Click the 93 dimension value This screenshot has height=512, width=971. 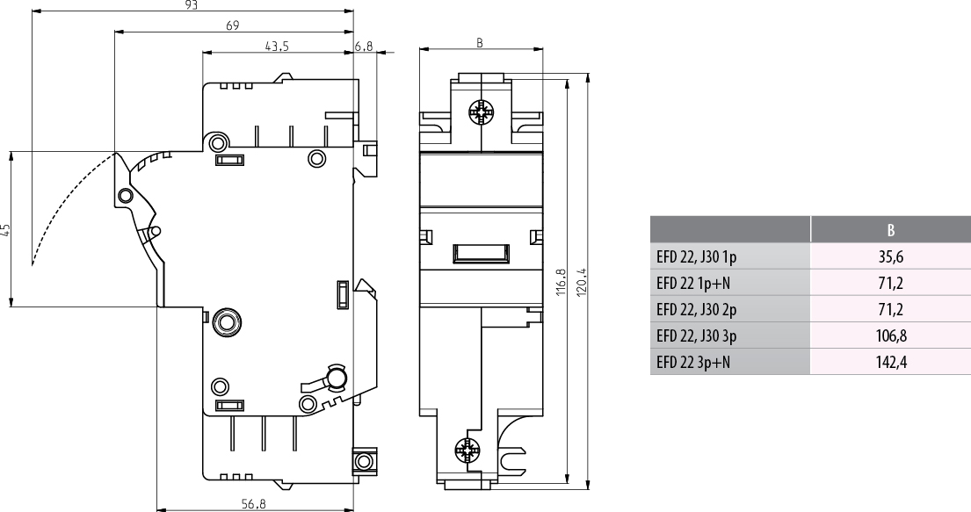point(192,5)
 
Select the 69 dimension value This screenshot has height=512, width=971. point(232,25)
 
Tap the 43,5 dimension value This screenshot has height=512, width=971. point(277,46)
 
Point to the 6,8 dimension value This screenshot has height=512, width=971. point(364,46)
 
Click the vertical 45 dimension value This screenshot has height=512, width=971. point(5,229)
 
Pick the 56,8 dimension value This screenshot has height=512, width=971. point(254,504)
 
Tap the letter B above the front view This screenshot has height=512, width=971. point(479,43)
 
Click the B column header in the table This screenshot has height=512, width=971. point(890,230)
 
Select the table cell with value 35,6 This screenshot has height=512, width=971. point(890,256)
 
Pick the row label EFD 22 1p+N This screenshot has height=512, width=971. point(693,283)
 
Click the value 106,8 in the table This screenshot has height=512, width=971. point(890,335)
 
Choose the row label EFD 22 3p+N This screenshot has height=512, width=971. point(693,362)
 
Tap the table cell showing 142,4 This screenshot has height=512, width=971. point(890,362)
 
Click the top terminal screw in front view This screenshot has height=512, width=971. point(481,112)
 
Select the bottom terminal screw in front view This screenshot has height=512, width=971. point(467,451)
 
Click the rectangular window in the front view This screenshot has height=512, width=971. point(482,253)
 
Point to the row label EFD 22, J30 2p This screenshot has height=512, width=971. point(697,309)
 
